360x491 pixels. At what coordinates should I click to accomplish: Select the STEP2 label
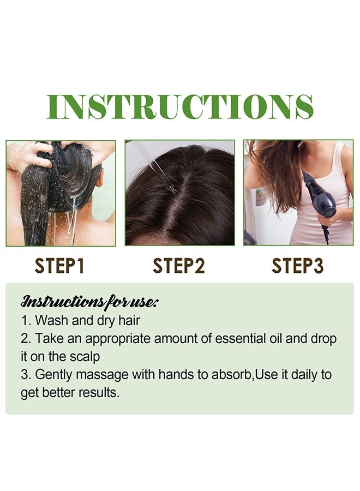[x=179, y=266]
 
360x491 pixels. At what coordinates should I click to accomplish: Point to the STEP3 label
[x=297, y=266]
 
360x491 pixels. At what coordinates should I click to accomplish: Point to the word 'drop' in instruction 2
[x=324, y=338]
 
